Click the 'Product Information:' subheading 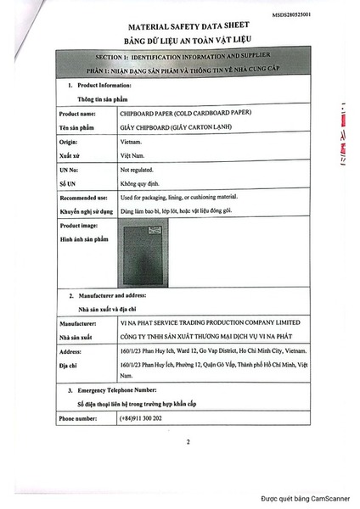point(104,86)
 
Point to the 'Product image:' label point(81,227)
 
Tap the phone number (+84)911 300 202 point(141,418)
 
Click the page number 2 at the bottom point(188,442)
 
